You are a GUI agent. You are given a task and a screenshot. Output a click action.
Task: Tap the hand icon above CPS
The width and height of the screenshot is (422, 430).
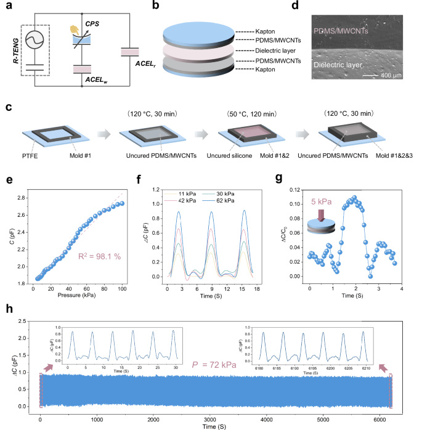coord(75,28)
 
